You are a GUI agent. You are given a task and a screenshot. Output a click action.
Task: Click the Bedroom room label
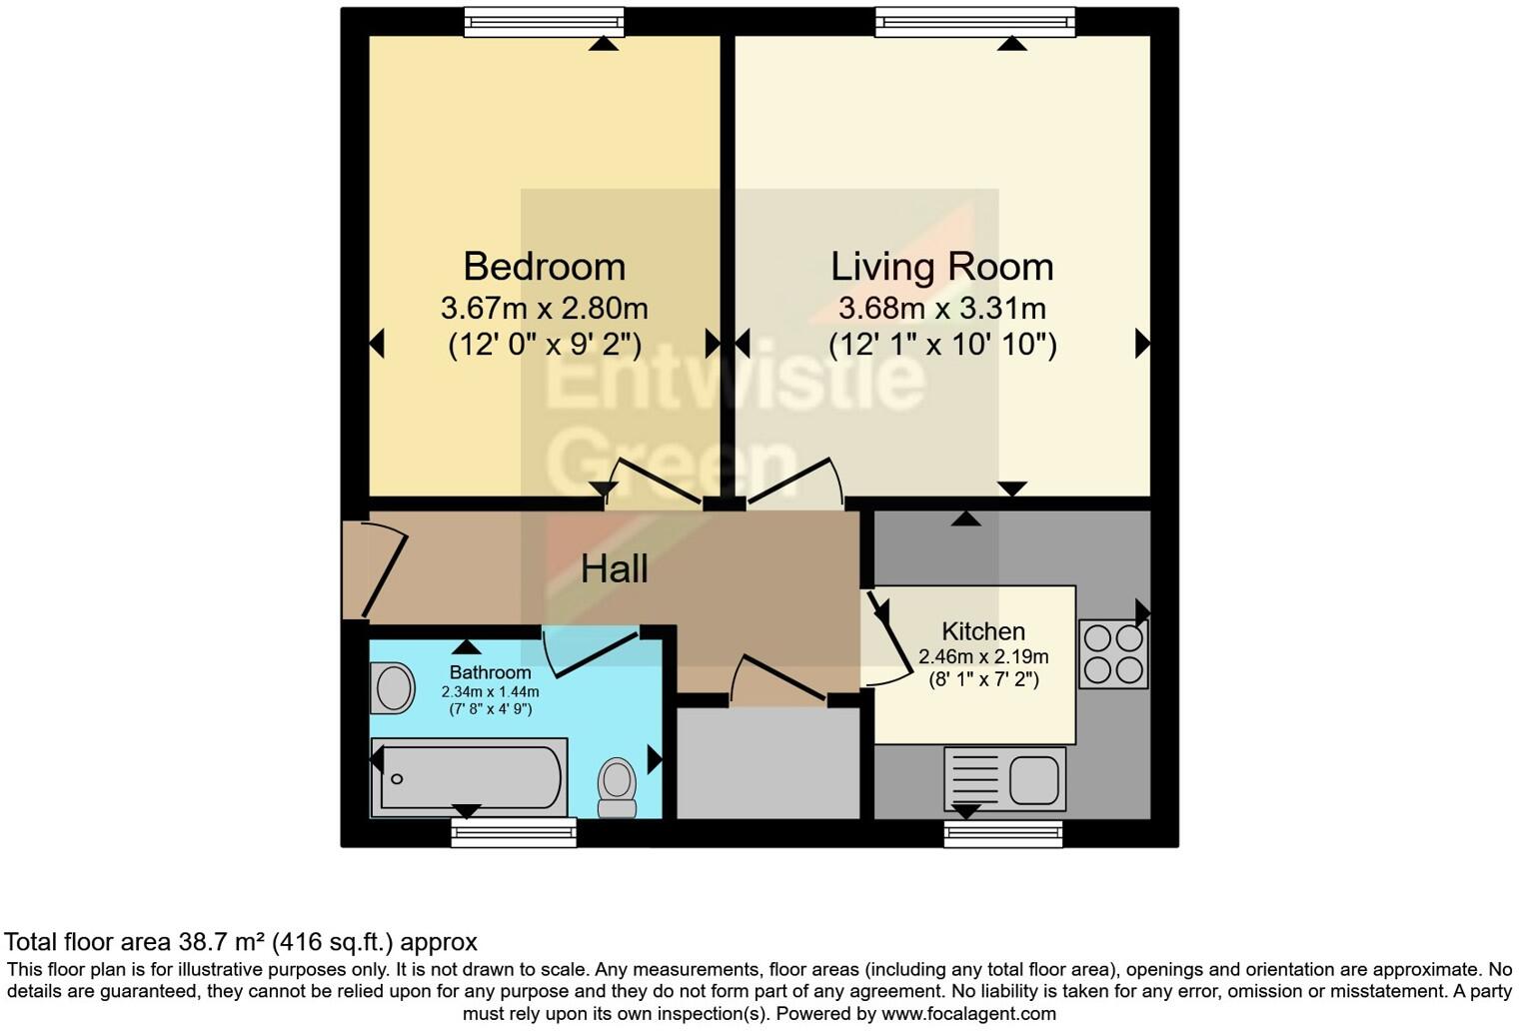click(x=545, y=267)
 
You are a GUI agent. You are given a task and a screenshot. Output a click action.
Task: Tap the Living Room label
click(x=941, y=267)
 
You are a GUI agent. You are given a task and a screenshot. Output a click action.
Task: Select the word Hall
click(x=614, y=569)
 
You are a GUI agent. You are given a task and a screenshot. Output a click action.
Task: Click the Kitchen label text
click(x=983, y=631)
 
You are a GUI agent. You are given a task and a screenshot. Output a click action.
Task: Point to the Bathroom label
click(x=490, y=672)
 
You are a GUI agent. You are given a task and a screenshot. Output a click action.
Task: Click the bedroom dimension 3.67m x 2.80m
click(x=545, y=308)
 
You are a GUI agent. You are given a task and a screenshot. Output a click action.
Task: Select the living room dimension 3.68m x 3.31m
click(x=941, y=308)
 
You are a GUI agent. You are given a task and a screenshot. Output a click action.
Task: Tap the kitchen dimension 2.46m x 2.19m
click(x=983, y=656)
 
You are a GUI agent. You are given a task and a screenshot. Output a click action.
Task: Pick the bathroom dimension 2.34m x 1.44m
click(x=490, y=691)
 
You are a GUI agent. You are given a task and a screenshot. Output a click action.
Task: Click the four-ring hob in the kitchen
click(x=1113, y=654)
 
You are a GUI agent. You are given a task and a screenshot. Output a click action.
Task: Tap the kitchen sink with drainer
click(x=1005, y=779)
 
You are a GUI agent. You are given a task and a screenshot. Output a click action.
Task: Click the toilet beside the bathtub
click(x=617, y=788)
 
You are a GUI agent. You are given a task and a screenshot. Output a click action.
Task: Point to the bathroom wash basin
click(x=393, y=687)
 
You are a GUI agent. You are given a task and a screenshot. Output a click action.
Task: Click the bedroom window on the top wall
click(x=545, y=22)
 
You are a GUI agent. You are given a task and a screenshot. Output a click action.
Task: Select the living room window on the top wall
click(x=975, y=22)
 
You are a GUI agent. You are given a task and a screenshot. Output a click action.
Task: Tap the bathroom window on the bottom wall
click(x=514, y=832)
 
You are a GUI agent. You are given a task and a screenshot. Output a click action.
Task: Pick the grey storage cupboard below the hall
click(x=768, y=763)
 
